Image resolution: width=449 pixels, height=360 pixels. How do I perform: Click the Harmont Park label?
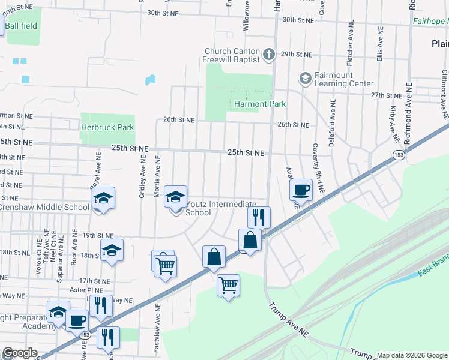pyautogui.click(x=259, y=104)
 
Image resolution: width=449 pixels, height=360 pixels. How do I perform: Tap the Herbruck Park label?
pyautogui.click(x=107, y=127)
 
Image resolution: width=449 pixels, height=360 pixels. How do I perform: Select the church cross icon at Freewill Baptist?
pyautogui.click(x=269, y=55)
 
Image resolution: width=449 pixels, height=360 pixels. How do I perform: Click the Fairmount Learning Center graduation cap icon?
pyautogui.click(x=305, y=78)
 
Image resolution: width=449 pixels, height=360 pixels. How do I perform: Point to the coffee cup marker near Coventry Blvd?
pyautogui.click(x=301, y=190)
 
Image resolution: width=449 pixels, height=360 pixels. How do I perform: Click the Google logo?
pyautogui.click(x=20, y=353)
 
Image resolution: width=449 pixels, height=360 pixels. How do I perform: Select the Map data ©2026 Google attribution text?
pyautogui.click(x=412, y=355)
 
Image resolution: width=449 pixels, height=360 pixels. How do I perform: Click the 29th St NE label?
pyautogui.click(x=298, y=54)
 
